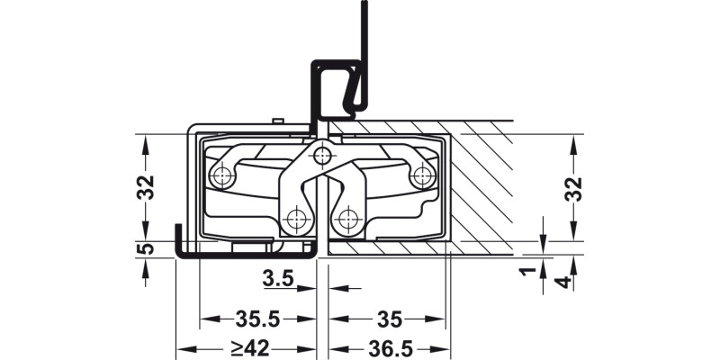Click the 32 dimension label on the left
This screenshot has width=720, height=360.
pos(148,187)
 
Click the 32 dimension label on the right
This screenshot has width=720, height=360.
pos(576,187)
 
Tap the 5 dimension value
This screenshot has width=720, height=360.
pos(148,249)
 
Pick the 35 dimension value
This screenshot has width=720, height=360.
pos(389,319)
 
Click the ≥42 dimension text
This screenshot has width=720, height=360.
pos(244,348)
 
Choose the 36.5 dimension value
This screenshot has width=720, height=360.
pos(389,348)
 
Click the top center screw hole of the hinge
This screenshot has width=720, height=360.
pos(321,157)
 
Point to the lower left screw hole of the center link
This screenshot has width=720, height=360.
pos(294,218)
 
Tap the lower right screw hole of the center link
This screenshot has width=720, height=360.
pos(348,218)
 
